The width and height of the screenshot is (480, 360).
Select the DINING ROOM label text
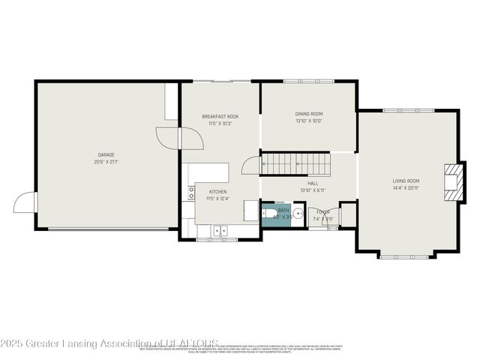point(308,114)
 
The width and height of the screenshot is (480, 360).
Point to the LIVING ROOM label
point(406,181)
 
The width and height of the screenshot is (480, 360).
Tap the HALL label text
point(312,183)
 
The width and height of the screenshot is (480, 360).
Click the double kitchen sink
point(220,231)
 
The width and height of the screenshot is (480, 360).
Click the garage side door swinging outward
point(25,202)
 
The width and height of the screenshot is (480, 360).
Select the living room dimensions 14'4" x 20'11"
point(406,187)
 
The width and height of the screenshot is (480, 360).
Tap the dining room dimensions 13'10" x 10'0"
point(308,121)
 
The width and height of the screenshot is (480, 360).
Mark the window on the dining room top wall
point(308,82)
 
